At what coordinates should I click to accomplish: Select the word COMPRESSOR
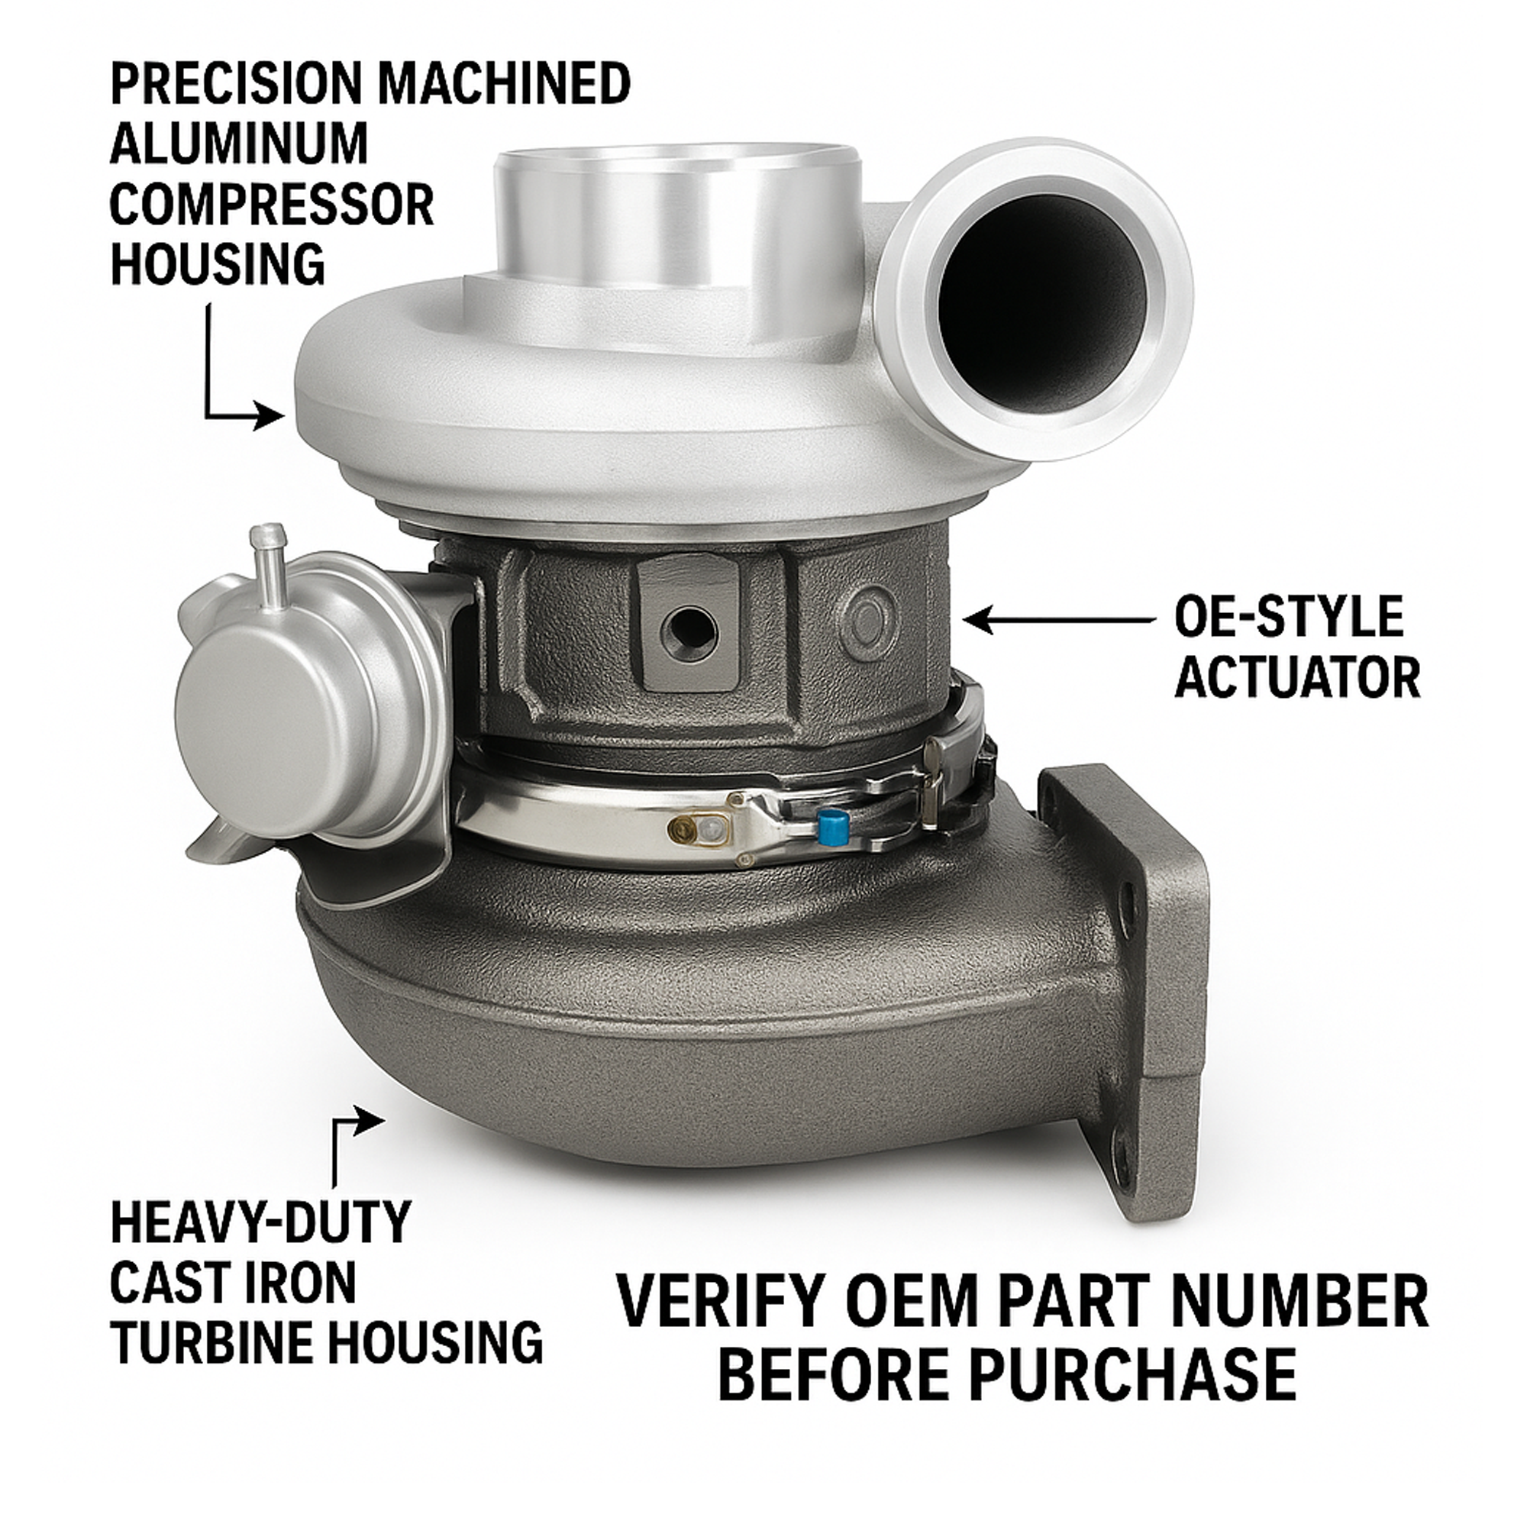[272, 204]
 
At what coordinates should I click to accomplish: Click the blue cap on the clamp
[833, 825]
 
